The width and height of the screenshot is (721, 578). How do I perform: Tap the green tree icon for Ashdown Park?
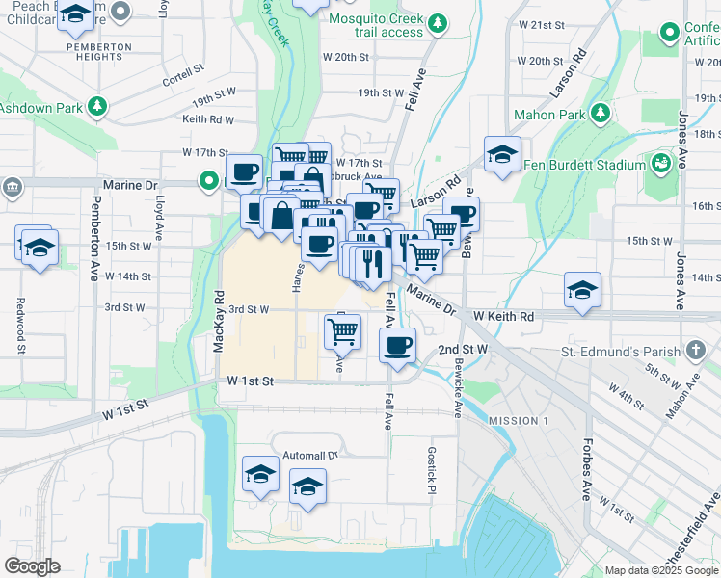click(97, 107)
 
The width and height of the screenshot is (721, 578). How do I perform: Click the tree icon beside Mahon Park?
click(601, 115)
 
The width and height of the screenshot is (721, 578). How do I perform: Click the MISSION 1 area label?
click(518, 421)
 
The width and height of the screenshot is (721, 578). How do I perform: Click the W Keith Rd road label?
click(503, 316)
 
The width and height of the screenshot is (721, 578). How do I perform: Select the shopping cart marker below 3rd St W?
click(343, 332)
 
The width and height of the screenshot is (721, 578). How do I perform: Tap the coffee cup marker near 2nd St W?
click(397, 345)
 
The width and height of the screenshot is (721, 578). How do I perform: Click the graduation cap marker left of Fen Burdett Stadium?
click(502, 153)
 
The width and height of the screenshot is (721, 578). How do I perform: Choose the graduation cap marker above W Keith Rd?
click(582, 289)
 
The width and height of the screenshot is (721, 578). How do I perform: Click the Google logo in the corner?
click(32, 566)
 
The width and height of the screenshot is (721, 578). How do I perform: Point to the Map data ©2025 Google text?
click(661, 570)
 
